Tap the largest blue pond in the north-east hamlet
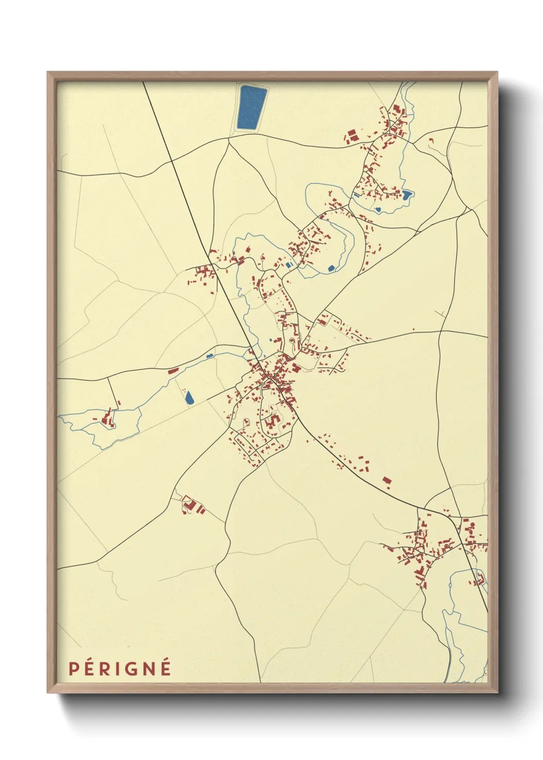coord(407,195)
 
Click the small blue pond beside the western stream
coord(209,355)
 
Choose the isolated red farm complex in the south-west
coord(193,506)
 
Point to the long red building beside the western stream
coord(173,370)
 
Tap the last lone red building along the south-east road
coord(387,481)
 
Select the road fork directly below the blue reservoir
coord(228,138)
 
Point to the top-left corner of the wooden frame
coord(48,73)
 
